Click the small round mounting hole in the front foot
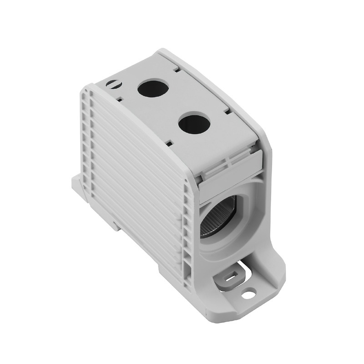[x=248, y=295]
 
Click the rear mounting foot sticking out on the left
[x=78, y=185]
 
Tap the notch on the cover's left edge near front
[x=169, y=142]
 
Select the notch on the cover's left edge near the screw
[x=120, y=97]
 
